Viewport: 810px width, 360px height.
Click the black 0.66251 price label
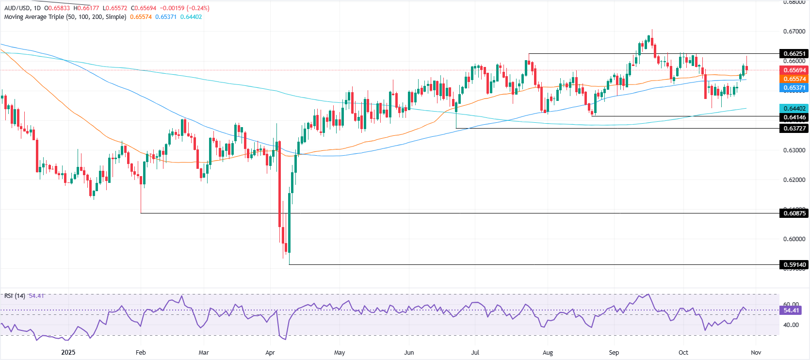pos(794,53)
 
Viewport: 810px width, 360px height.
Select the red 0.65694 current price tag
pos(794,70)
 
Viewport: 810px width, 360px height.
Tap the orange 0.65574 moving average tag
pos(794,79)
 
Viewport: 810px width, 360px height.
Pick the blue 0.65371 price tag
pos(794,88)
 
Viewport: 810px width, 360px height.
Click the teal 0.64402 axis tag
pos(794,109)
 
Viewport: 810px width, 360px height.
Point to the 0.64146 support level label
pos(794,117)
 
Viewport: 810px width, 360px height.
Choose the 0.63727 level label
pos(794,128)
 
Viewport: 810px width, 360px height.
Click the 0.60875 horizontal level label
pos(794,213)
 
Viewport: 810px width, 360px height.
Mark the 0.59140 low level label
pos(794,265)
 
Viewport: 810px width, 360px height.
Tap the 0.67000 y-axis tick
pos(794,32)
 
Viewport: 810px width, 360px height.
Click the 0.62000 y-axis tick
pos(794,180)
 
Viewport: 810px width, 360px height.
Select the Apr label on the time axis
pos(270,353)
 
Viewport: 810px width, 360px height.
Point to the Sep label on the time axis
pos(614,353)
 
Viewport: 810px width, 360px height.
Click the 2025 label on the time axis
pos(68,353)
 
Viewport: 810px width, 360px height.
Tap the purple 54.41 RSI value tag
pos(791,311)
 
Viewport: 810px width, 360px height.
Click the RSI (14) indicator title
pos(15,295)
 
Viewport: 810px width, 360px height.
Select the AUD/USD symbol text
pos(17,8)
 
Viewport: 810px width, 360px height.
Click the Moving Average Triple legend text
pos(65,17)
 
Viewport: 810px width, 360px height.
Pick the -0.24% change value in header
pos(199,8)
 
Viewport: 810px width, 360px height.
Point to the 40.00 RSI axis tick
pos(791,325)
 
